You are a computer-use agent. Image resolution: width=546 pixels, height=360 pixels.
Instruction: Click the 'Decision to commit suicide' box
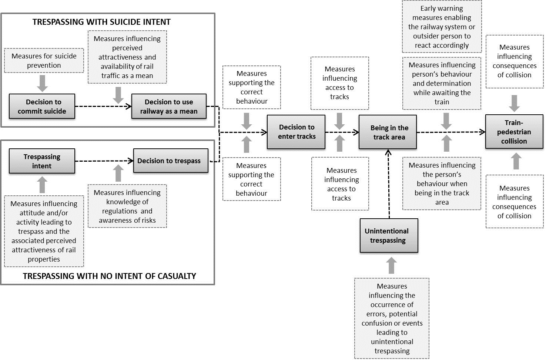click(42, 106)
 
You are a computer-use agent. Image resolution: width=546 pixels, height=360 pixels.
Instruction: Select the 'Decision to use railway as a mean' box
click(169, 106)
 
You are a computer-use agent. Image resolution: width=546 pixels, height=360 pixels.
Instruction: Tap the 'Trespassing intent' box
click(42, 161)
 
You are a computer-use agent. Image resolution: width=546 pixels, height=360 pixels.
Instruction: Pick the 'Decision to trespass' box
click(171, 161)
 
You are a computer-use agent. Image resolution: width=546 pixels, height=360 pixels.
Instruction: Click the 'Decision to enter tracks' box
click(296, 132)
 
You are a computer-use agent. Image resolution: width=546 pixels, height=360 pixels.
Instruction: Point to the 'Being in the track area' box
click(388, 132)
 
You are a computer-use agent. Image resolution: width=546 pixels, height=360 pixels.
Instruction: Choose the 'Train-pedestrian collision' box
click(514, 131)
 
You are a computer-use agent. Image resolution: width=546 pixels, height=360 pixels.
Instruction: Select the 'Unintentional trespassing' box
click(389, 236)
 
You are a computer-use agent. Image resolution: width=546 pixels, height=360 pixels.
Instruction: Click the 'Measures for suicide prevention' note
click(44, 60)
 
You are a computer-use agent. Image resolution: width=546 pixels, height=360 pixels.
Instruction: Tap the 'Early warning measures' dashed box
click(442, 26)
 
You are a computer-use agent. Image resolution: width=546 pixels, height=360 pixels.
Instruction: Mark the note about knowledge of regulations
click(127, 206)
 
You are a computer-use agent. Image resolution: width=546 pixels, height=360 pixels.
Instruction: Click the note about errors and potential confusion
click(392, 318)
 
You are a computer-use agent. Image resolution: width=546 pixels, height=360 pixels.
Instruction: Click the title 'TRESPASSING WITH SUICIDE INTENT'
click(102, 22)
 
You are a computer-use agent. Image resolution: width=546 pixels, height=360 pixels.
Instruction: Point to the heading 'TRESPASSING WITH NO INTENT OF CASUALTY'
click(110, 276)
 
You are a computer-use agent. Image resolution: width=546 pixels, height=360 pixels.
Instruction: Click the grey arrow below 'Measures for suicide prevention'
click(43, 83)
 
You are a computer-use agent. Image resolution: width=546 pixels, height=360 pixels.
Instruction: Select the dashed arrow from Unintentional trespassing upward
click(389, 184)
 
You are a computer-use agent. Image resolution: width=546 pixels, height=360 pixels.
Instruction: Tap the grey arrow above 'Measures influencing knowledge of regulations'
click(118, 173)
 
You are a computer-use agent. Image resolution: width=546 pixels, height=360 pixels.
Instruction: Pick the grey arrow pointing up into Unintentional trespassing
click(392, 265)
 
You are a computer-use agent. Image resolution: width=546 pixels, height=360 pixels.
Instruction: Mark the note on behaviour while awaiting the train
click(442, 83)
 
